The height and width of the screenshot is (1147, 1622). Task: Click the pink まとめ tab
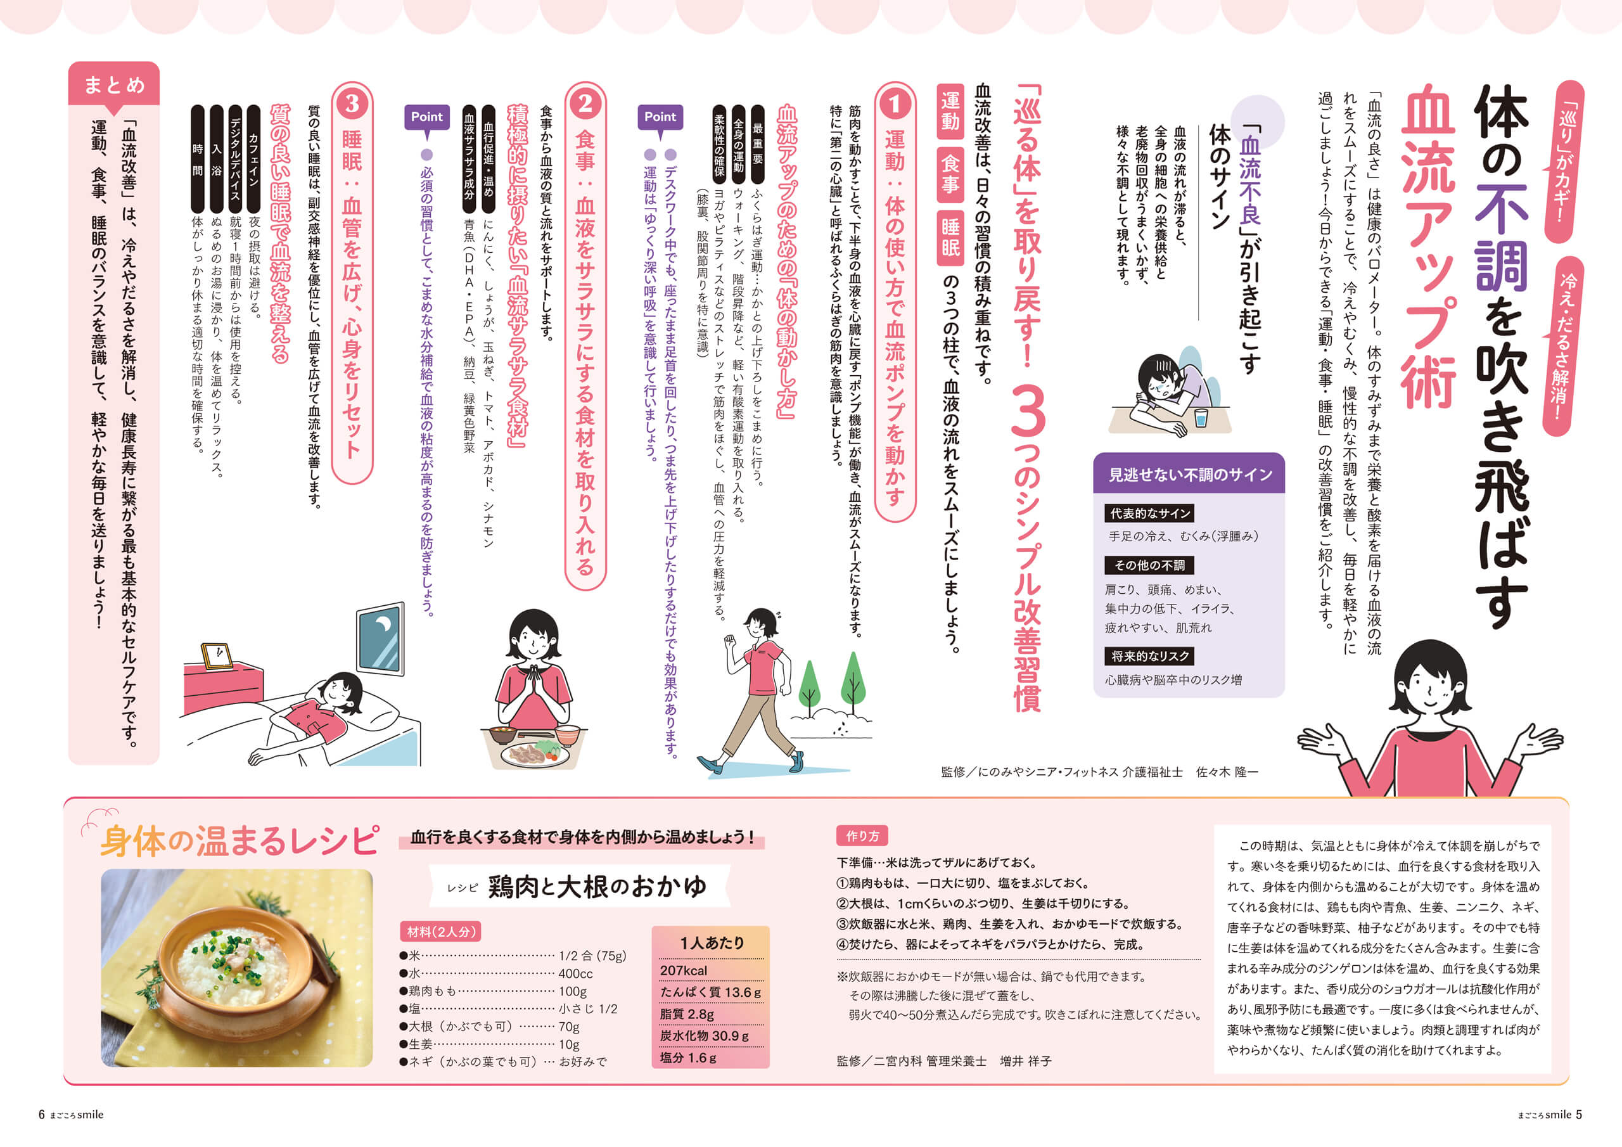(x=114, y=84)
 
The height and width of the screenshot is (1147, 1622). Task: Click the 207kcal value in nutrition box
(x=683, y=970)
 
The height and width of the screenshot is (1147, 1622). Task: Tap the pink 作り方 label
(x=862, y=836)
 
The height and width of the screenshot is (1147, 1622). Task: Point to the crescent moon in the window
(x=383, y=626)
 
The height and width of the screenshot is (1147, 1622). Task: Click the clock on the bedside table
(x=217, y=655)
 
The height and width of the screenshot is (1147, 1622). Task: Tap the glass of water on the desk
(x=1199, y=418)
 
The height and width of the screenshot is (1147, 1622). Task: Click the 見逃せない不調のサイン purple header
(x=1190, y=474)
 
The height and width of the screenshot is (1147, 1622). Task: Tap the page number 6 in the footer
(x=42, y=1115)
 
